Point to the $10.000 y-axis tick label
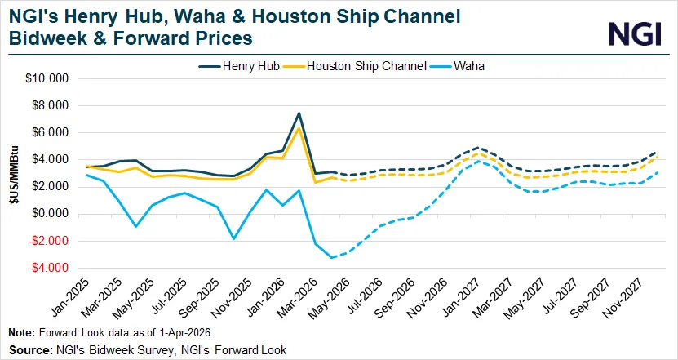[47, 79]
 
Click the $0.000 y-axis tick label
[50, 214]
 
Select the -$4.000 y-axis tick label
[48, 268]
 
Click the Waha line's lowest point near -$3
[332, 258]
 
